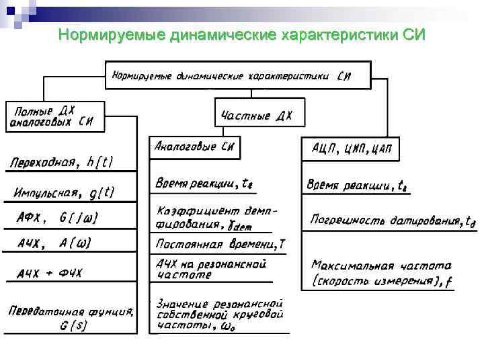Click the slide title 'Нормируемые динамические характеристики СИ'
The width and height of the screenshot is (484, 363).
242,34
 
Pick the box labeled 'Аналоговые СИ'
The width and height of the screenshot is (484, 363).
194,147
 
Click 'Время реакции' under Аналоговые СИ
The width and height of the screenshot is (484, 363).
204,183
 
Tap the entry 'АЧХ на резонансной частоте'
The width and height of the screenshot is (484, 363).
211,269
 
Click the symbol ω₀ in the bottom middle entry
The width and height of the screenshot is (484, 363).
229,327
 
